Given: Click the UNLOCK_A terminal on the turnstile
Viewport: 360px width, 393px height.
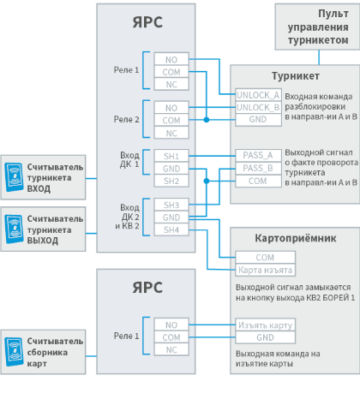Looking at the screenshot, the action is pyautogui.click(x=258, y=95).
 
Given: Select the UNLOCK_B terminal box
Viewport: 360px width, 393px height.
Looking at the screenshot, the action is pyautogui.click(x=258, y=107).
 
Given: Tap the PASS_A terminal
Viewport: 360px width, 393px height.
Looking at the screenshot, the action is pyautogui.click(x=258, y=155).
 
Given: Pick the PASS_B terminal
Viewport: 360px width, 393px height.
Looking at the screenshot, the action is pyautogui.click(x=258, y=168).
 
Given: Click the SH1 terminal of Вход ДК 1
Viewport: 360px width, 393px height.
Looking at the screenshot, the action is pyautogui.click(x=171, y=156).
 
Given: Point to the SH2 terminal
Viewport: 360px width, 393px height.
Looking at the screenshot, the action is pyautogui.click(x=171, y=181).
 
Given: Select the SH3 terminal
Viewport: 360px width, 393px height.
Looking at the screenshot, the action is pyautogui.click(x=171, y=205).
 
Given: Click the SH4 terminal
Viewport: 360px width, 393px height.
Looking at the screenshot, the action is pyautogui.click(x=171, y=229).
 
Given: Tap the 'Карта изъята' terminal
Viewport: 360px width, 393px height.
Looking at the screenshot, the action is pyautogui.click(x=266, y=270).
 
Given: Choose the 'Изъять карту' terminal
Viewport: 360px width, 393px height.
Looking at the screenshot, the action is pyautogui.click(x=266, y=325).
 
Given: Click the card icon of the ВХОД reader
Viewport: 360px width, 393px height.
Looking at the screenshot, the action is pyautogui.click(x=15, y=177).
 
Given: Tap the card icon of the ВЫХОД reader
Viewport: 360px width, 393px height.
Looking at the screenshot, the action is pyautogui.click(x=15, y=229).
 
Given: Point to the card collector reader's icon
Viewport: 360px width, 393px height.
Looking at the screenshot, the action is pyautogui.click(x=15, y=352).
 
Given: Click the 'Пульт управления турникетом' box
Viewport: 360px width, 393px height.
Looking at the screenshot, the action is pyautogui.click(x=317, y=27).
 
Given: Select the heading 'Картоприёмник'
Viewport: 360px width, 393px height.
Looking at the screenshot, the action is pyautogui.click(x=296, y=238).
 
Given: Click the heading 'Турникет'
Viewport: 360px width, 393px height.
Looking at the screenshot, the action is pyautogui.click(x=296, y=76).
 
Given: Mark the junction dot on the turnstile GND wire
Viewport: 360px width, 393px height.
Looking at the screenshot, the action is pyautogui.click(x=207, y=120).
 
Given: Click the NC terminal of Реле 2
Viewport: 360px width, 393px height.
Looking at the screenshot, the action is pyautogui.click(x=171, y=133).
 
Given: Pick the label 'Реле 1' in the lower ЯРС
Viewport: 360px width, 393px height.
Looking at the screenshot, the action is pyautogui.click(x=126, y=336).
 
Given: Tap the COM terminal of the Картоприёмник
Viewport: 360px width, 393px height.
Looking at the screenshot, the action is pyautogui.click(x=266, y=258).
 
